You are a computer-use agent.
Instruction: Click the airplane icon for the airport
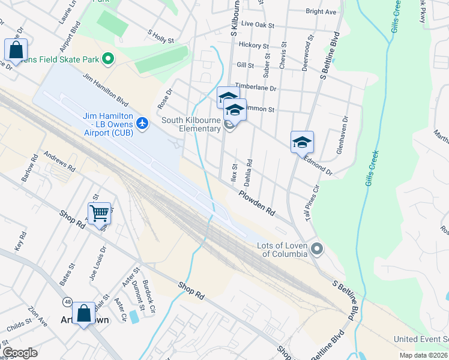point(142,124)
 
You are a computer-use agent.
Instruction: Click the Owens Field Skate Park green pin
point(108,59)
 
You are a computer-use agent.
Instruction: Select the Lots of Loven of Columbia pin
point(317,248)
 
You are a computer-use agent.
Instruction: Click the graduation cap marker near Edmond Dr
point(302,142)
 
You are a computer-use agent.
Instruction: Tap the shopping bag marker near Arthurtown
point(83,313)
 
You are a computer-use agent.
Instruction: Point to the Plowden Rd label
point(256,204)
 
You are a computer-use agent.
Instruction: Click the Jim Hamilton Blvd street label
point(106,89)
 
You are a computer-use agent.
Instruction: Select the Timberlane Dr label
point(255,88)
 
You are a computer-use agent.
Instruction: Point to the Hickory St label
point(253,46)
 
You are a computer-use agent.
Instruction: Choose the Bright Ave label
point(321,11)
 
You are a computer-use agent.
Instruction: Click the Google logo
point(20,353)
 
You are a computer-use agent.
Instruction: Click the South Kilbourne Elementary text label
point(191,124)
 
